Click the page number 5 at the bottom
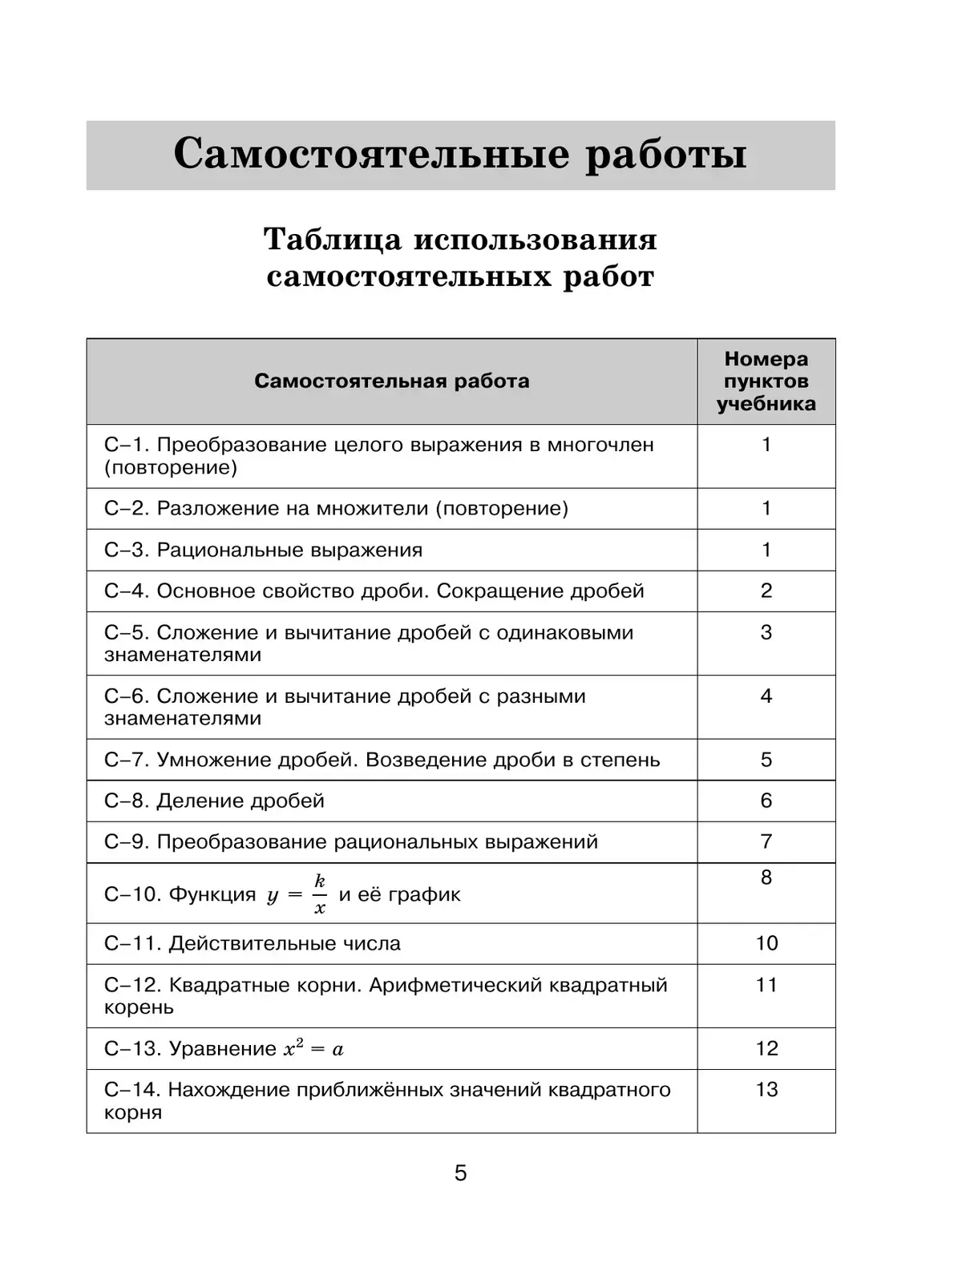(x=460, y=1173)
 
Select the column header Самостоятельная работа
(x=391, y=381)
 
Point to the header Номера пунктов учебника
(x=766, y=381)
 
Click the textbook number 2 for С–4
(x=766, y=591)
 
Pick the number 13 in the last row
(x=766, y=1089)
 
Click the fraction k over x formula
(x=319, y=894)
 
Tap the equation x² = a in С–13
(x=313, y=1049)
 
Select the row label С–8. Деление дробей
(x=214, y=801)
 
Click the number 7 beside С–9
(x=766, y=841)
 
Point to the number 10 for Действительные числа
(x=766, y=943)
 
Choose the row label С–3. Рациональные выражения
(x=263, y=550)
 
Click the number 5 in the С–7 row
(x=766, y=760)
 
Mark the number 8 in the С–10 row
(x=766, y=878)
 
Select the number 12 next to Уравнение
(x=766, y=1048)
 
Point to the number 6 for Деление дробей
(x=766, y=801)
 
